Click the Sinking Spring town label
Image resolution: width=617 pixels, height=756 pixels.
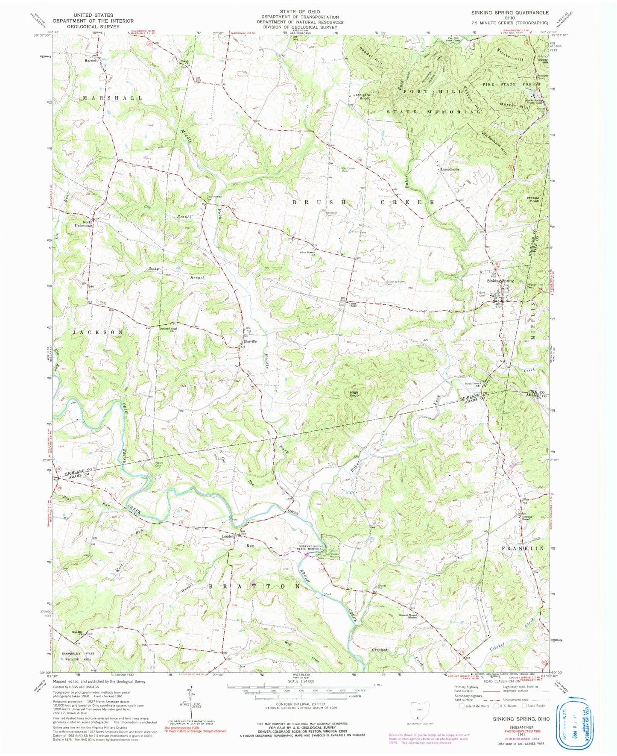click(500, 281)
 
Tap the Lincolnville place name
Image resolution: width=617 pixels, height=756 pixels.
click(450, 169)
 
